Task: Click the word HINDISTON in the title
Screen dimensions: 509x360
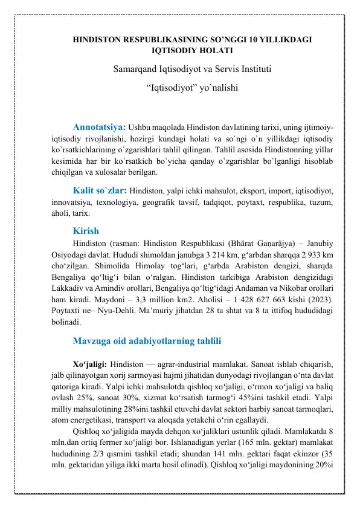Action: point(98,41)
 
